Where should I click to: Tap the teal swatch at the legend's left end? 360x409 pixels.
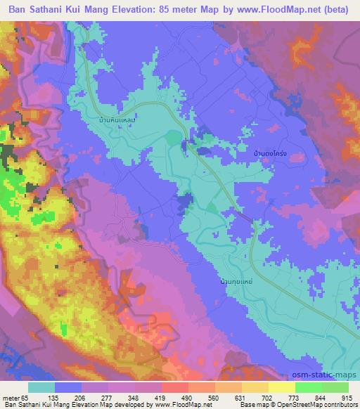click(x=41, y=387)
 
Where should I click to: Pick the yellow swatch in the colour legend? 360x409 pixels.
click(x=282, y=387)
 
